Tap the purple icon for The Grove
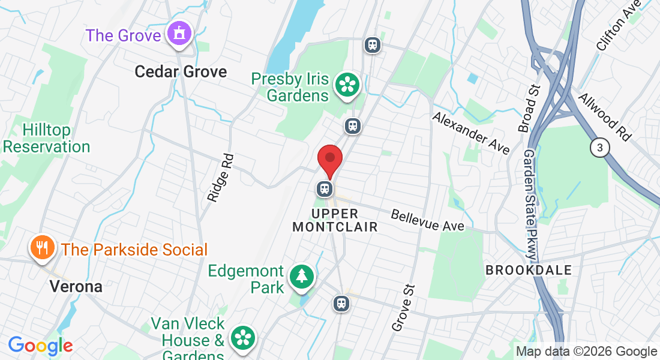[x=179, y=33]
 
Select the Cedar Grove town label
[x=181, y=72]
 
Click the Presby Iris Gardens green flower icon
[x=346, y=85]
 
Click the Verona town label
[x=76, y=287]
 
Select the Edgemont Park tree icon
[x=302, y=277]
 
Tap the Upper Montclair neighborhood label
[x=335, y=220]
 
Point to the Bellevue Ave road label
[x=428, y=220]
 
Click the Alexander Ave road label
[x=471, y=132]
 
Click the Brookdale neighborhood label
[x=529, y=270]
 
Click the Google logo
[x=40, y=346]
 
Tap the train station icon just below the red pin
[x=325, y=189]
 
